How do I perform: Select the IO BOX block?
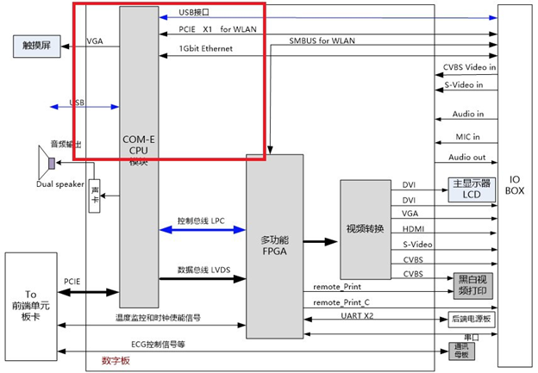516,184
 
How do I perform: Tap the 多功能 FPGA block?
274,246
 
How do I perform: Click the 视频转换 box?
366,228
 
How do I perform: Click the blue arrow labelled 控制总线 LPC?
203,230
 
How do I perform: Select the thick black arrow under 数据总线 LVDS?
203,277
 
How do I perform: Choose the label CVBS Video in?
470,66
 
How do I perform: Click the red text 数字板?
115,360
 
